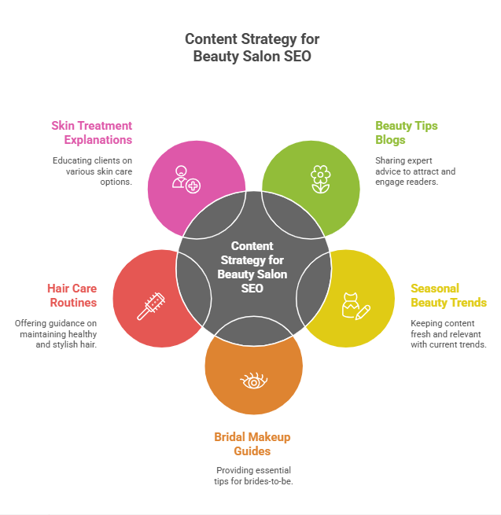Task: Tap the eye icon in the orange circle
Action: [x=253, y=381]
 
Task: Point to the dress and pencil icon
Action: [x=355, y=306]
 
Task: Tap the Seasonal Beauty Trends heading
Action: [x=448, y=295]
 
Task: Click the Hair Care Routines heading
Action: [x=72, y=295]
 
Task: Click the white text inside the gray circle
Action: [x=252, y=267]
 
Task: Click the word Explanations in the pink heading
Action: [x=99, y=139]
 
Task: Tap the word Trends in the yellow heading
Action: [x=467, y=303]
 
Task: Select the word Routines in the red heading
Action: [x=72, y=303]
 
